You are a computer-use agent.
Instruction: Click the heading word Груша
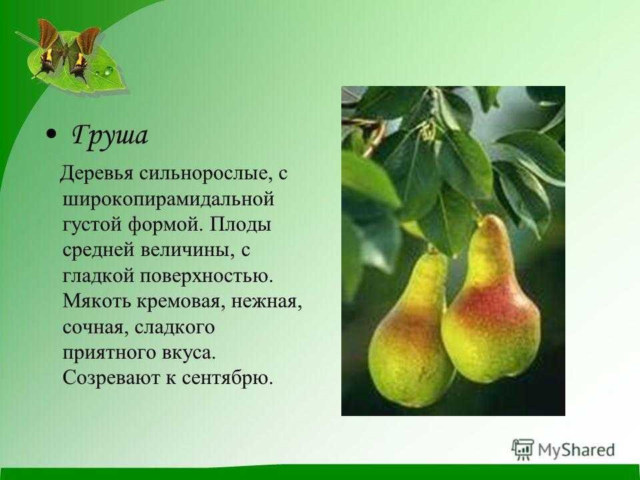click(x=109, y=135)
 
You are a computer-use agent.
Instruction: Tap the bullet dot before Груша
click(x=51, y=134)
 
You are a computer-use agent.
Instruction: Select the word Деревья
click(x=97, y=173)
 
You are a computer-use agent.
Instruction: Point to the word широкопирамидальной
click(x=168, y=199)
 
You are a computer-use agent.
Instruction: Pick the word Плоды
click(x=241, y=225)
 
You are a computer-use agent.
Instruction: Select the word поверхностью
click(x=206, y=276)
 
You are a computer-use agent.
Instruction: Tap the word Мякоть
click(x=97, y=301)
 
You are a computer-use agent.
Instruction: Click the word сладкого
click(x=175, y=327)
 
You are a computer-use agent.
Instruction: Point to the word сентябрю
click(x=227, y=379)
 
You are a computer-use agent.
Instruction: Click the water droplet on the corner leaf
click(x=108, y=71)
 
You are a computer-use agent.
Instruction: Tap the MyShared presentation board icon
click(x=523, y=450)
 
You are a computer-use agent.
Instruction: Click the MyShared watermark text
click(x=576, y=450)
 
